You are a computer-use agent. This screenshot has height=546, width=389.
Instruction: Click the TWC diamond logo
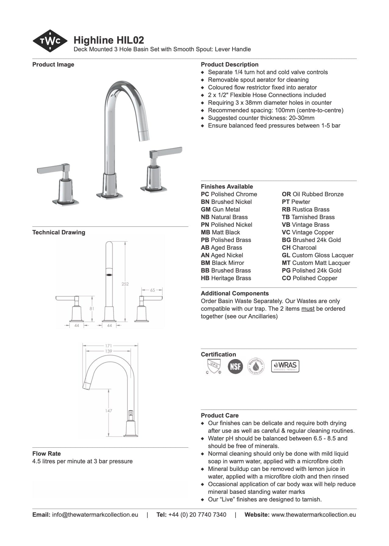point(50,41)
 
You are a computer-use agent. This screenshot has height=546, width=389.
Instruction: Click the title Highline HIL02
point(109,40)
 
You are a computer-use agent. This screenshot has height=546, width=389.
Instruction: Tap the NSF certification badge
point(235,366)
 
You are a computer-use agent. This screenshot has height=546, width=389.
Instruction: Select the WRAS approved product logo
point(285,366)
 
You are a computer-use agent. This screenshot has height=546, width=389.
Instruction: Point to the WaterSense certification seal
point(256,366)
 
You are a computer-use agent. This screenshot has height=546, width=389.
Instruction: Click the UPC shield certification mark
point(213,366)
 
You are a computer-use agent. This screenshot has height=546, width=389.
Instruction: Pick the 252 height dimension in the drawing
point(125,284)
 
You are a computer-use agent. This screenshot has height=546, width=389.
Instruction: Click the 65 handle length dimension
point(153,290)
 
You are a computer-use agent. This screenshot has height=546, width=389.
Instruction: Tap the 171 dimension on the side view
point(109,346)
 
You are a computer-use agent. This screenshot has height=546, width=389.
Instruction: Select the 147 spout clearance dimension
point(109,411)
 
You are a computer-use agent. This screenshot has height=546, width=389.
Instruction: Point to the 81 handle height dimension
point(92,309)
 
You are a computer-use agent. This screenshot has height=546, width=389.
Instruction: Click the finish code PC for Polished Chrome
point(205,194)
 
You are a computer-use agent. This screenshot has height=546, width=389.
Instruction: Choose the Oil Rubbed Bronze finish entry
point(312,194)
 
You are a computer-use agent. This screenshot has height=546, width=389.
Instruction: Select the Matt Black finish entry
point(220,233)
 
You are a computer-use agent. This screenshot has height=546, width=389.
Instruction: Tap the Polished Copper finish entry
point(309,278)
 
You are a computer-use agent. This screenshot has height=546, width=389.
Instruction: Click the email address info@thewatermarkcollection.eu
point(95,515)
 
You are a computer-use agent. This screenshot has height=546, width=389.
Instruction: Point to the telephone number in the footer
point(197,515)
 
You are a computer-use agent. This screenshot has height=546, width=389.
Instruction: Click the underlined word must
point(308,309)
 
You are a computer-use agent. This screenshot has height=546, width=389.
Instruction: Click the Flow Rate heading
point(46,454)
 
